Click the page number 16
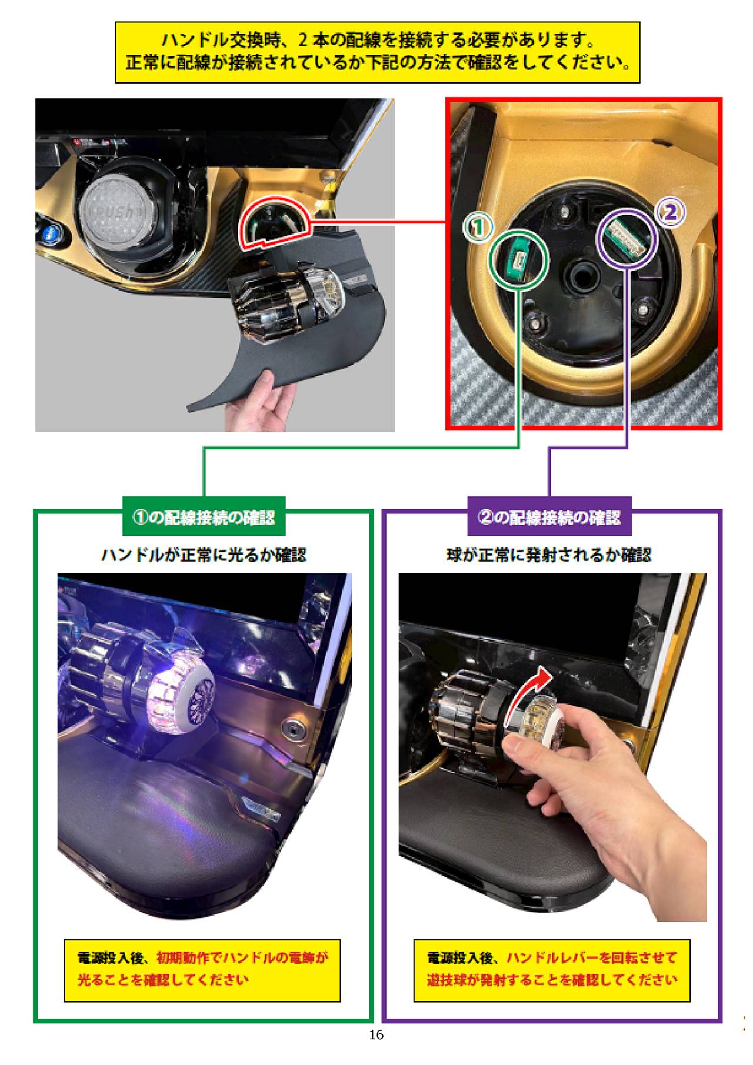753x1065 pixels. pos(376,1034)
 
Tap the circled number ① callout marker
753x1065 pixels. pos(478,228)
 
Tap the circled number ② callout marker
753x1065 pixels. pos(670,212)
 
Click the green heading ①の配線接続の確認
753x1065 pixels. pos(204,517)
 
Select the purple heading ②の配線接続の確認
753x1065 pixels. pos(549,517)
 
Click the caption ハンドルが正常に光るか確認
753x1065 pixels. pos(204,555)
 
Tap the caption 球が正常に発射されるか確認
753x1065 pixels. pos(549,555)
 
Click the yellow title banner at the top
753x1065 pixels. pos(377,52)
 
